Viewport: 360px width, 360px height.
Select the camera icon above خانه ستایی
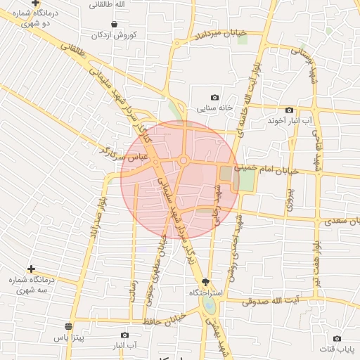point(214,98)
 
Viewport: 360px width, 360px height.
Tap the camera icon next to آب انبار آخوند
point(289,110)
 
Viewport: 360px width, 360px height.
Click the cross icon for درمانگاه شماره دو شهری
point(35,4)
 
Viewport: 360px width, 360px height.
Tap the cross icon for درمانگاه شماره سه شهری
point(31,269)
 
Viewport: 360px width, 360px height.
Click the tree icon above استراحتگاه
point(205,281)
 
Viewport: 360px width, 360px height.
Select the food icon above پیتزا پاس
point(68,327)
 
